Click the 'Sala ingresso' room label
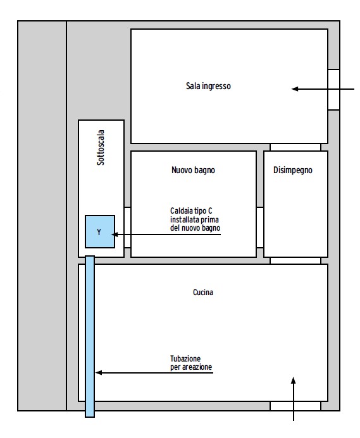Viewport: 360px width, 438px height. [208, 86]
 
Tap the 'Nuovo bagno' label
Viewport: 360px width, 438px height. [194, 170]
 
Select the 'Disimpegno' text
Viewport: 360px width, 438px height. [293, 170]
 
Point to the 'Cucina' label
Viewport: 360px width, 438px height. [203, 292]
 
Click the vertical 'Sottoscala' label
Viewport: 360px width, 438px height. [101, 147]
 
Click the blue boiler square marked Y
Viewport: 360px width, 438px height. [100, 231]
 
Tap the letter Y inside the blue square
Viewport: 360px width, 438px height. [99, 232]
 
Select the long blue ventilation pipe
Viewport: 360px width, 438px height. [90, 336]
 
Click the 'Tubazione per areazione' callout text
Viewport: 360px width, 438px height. [191, 363]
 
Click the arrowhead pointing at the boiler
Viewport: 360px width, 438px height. [115, 234]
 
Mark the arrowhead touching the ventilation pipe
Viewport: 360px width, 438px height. [99, 373]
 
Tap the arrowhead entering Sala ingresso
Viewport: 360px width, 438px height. [295, 89]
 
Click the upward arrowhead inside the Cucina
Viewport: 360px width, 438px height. [294, 380]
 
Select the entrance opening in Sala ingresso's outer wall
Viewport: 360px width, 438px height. [333, 90]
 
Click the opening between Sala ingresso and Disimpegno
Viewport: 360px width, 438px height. [295, 147]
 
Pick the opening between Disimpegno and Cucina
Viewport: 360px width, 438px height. [295, 260]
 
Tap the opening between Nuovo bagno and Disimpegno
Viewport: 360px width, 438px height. [260, 228]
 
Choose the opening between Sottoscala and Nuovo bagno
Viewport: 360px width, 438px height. [127, 228]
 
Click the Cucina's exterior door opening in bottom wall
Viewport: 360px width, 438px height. [295, 406]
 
